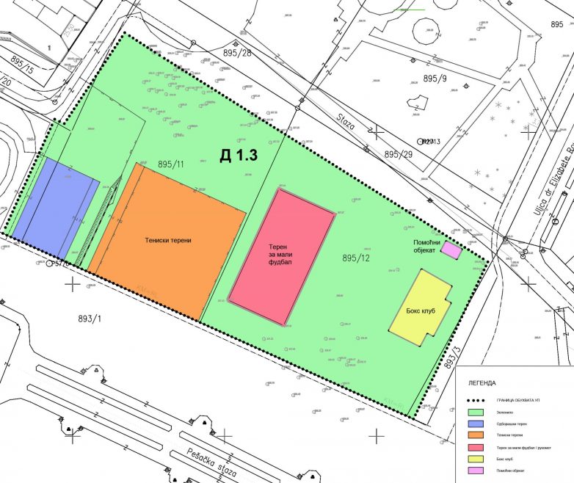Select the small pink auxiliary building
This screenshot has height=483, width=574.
(x=451, y=251)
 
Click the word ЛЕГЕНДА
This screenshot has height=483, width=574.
(x=482, y=382)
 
